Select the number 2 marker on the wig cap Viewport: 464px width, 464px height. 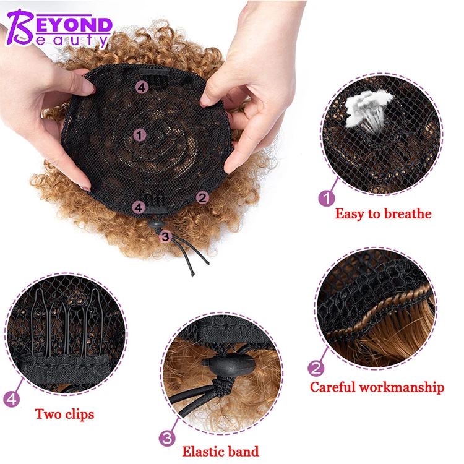pos(202,198)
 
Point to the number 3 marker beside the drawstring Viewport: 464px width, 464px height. pos(165,236)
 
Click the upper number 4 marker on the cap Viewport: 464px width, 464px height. pos(142,88)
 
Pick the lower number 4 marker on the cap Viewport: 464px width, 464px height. pos(139,207)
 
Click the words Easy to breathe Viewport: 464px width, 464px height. pos(383,214)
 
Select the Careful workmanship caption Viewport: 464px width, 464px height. pos(377,388)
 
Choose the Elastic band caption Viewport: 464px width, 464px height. pos(220,452)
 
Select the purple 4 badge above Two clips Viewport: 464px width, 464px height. pos(11,399)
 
